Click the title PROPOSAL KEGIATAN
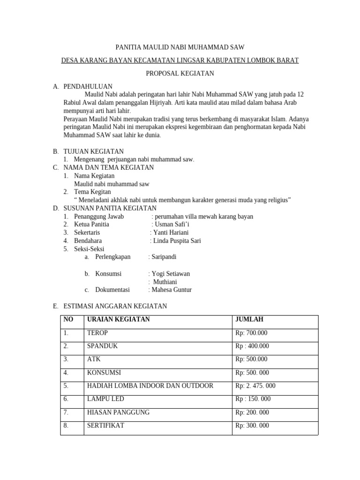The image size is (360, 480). [x=180, y=73]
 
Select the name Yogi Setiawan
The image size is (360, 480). [x=169, y=274]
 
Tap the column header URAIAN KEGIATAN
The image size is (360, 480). [x=119, y=319]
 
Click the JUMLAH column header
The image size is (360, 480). [x=249, y=319]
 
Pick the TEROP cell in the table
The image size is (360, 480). [x=97, y=333]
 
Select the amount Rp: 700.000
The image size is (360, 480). [x=251, y=333]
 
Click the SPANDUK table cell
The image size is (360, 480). [x=102, y=346]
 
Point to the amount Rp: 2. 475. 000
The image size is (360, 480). [x=255, y=386]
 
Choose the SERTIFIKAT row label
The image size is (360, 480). [x=106, y=426]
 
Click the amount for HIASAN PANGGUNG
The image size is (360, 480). [x=252, y=412]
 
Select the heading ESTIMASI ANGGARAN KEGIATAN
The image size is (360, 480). [x=115, y=306]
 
